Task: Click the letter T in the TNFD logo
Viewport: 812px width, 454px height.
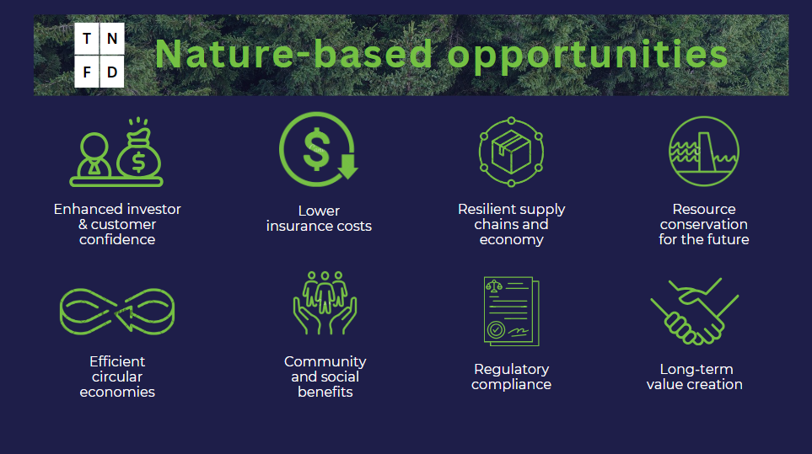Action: click(87, 39)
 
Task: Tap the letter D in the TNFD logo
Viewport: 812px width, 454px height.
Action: click(112, 72)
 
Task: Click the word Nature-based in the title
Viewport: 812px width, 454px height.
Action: click(293, 53)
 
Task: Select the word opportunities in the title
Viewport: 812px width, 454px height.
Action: click(588, 56)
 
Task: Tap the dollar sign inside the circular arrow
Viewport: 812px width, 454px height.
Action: click(316, 150)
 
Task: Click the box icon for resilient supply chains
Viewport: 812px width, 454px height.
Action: click(511, 152)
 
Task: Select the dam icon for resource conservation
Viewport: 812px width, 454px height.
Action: click(704, 151)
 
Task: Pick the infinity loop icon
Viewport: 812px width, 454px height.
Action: click(117, 312)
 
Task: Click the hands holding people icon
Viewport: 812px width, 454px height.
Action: click(325, 302)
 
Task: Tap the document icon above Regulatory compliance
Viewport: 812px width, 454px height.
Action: click(511, 312)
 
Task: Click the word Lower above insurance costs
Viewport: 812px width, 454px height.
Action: click(319, 211)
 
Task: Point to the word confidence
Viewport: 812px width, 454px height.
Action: click(117, 239)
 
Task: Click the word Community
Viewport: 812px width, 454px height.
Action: click(325, 361)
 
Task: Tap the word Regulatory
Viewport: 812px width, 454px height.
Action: click(511, 369)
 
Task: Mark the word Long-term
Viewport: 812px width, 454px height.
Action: click(696, 369)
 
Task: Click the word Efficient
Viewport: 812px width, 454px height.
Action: click(117, 361)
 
